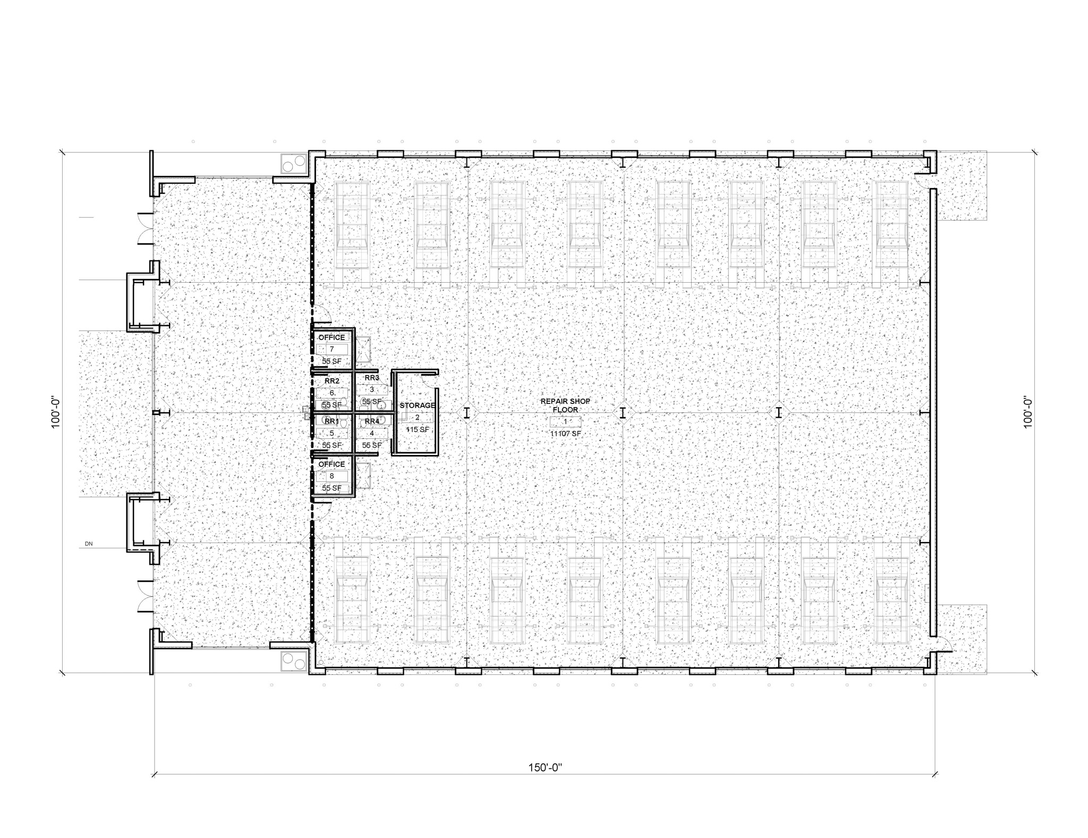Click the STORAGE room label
click(418, 405)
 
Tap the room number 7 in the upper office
click(332, 349)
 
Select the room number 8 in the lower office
click(332, 476)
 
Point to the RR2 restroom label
click(332, 380)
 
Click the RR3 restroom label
click(372, 378)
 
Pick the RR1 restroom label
click(332, 421)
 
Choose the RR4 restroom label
click(372, 421)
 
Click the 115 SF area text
click(418, 429)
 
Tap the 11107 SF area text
click(565, 434)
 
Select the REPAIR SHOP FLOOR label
click(565, 405)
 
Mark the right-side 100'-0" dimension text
click(1027, 412)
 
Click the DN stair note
click(88, 544)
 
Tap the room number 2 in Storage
click(418, 417)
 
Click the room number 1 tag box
click(565, 422)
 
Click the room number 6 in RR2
click(332, 393)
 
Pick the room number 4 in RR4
click(372, 433)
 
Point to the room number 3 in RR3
click(372, 390)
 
